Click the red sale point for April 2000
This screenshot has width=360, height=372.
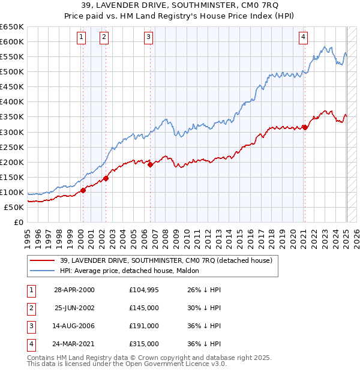[83, 191]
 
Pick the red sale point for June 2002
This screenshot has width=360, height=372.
[106, 178]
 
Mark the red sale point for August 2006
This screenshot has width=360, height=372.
[150, 164]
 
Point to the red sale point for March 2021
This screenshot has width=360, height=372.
[305, 127]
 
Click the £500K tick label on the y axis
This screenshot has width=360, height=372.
[12, 71]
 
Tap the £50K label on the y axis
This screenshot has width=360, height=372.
[14, 207]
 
